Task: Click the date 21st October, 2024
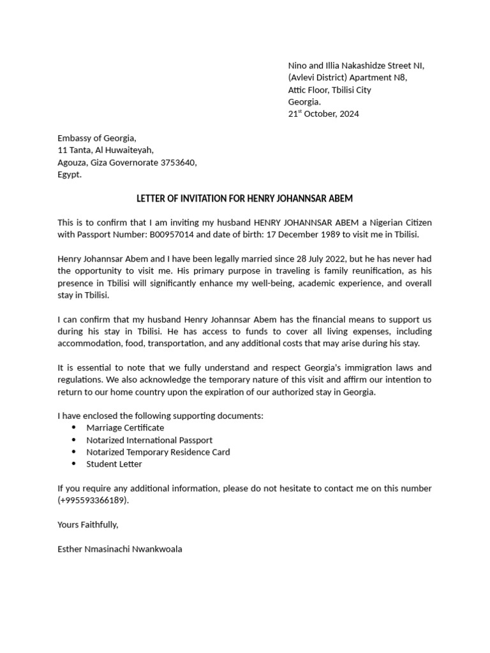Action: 323,114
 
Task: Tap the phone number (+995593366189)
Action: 93,500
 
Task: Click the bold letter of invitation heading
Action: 244,198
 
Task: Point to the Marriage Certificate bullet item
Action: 125,427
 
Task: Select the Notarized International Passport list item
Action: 149,439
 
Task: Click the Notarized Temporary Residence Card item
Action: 158,451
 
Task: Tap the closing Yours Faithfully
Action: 87,524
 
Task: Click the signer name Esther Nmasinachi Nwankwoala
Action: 119,548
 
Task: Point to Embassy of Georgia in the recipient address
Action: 96,138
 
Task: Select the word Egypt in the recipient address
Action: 69,175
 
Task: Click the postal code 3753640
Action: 179,163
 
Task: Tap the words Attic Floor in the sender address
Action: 311,90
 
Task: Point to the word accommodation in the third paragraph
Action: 89,343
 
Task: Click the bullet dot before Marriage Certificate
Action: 73,427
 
